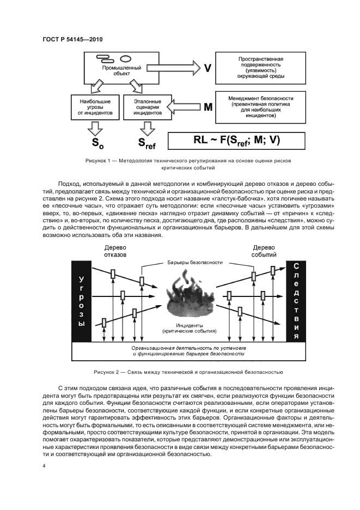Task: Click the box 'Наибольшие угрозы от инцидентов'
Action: pos(93,108)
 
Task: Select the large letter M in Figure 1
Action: pos(208,107)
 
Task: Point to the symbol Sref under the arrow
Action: pos(145,144)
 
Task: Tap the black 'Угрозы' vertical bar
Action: pos(82,301)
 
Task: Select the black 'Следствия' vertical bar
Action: pos(296,301)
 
